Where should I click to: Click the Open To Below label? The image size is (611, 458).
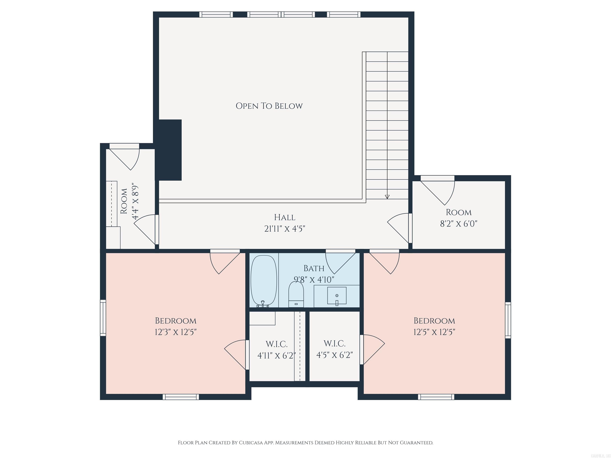coord(269,106)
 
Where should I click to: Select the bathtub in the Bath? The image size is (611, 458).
coord(264,280)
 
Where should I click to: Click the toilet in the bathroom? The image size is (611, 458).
coord(296,295)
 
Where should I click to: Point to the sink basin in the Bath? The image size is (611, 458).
coord(337,296)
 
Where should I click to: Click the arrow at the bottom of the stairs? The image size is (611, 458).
coord(387,197)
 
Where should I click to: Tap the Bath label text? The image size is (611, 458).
coord(314,268)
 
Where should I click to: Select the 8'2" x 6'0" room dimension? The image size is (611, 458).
coord(458,224)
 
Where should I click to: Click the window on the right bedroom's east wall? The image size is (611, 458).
coord(508,320)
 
